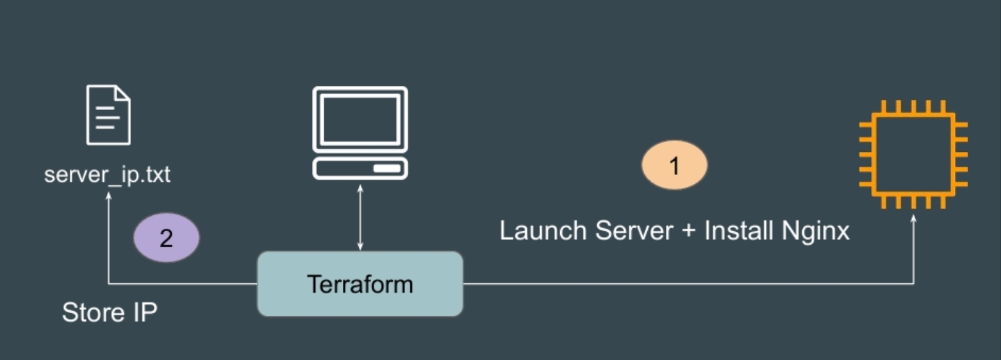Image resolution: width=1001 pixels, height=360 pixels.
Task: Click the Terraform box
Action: tap(360, 284)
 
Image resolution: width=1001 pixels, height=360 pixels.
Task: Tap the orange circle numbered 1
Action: tap(674, 165)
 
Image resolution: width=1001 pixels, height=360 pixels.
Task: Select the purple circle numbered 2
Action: tap(166, 238)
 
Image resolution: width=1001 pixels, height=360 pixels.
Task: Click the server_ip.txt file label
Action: tap(107, 174)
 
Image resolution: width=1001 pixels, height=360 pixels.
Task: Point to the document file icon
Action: tap(108, 115)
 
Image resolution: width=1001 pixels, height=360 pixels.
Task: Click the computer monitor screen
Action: tap(360, 120)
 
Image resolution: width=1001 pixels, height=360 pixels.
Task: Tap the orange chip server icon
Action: tap(913, 154)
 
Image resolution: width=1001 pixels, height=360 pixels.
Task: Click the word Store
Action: tap(90, 313)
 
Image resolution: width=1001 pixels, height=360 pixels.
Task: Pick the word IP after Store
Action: tap(144, 313)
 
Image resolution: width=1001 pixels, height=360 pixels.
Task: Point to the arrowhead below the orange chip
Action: tap(913, 218)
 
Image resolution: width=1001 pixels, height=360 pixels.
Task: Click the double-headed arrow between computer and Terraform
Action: tap(360, 218)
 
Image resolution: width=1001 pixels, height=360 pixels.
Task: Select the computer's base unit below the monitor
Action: tap(360, 168)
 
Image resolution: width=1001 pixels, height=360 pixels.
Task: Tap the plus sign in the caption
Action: tap(688, 231)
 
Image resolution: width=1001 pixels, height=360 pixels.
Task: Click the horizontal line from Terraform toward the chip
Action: tap(686, 284)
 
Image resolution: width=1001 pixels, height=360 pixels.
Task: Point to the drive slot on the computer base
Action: tap(388, 168)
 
